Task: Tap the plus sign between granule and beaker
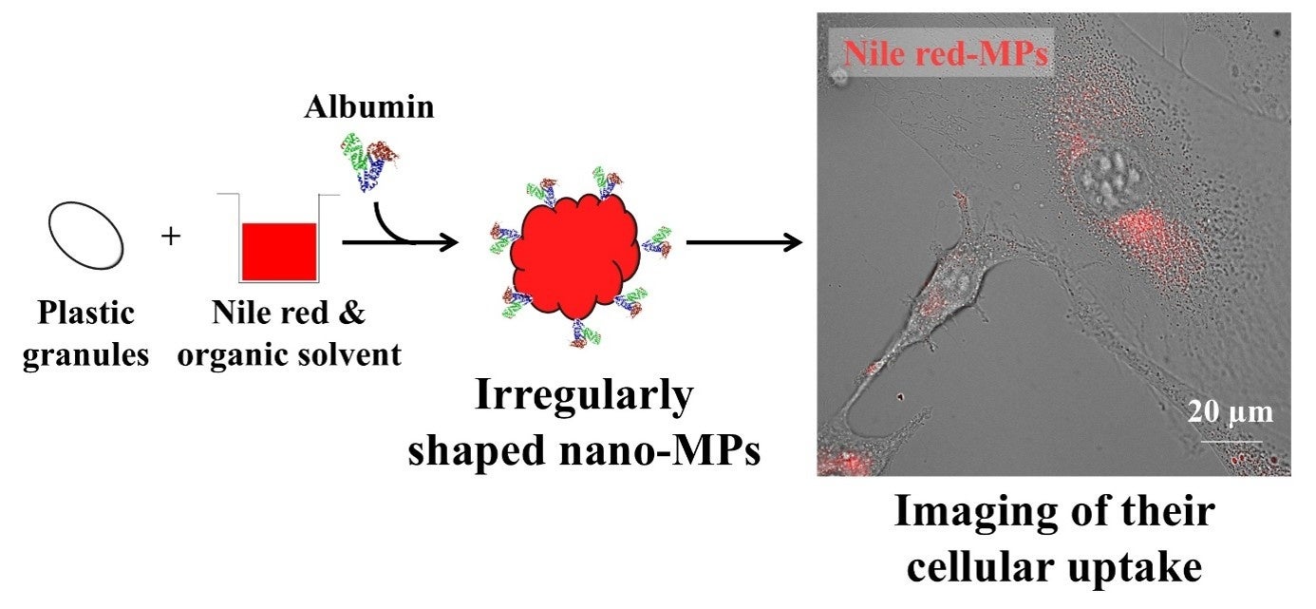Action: pyautogui.click(x=171, y=236)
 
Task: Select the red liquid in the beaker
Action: pyautogui.click(x=278, y=251)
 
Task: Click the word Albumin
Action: pyautogui.click(x=368, y=107)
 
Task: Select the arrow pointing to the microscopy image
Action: pyautogui.click(x=745, y=242)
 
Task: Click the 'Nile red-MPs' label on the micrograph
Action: pyautogui.click(x=946, y=53)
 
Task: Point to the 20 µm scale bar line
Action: pyautogui.click(x=1231, y=441)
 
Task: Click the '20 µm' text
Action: pyautogui.click(x=1230, y=412)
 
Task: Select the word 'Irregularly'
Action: pyautogui.click(x=584, y=397)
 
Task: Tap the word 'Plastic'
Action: pyautogui.click(x=86, y=314)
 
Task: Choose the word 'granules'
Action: pyautogui.click(x=86, y=355)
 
